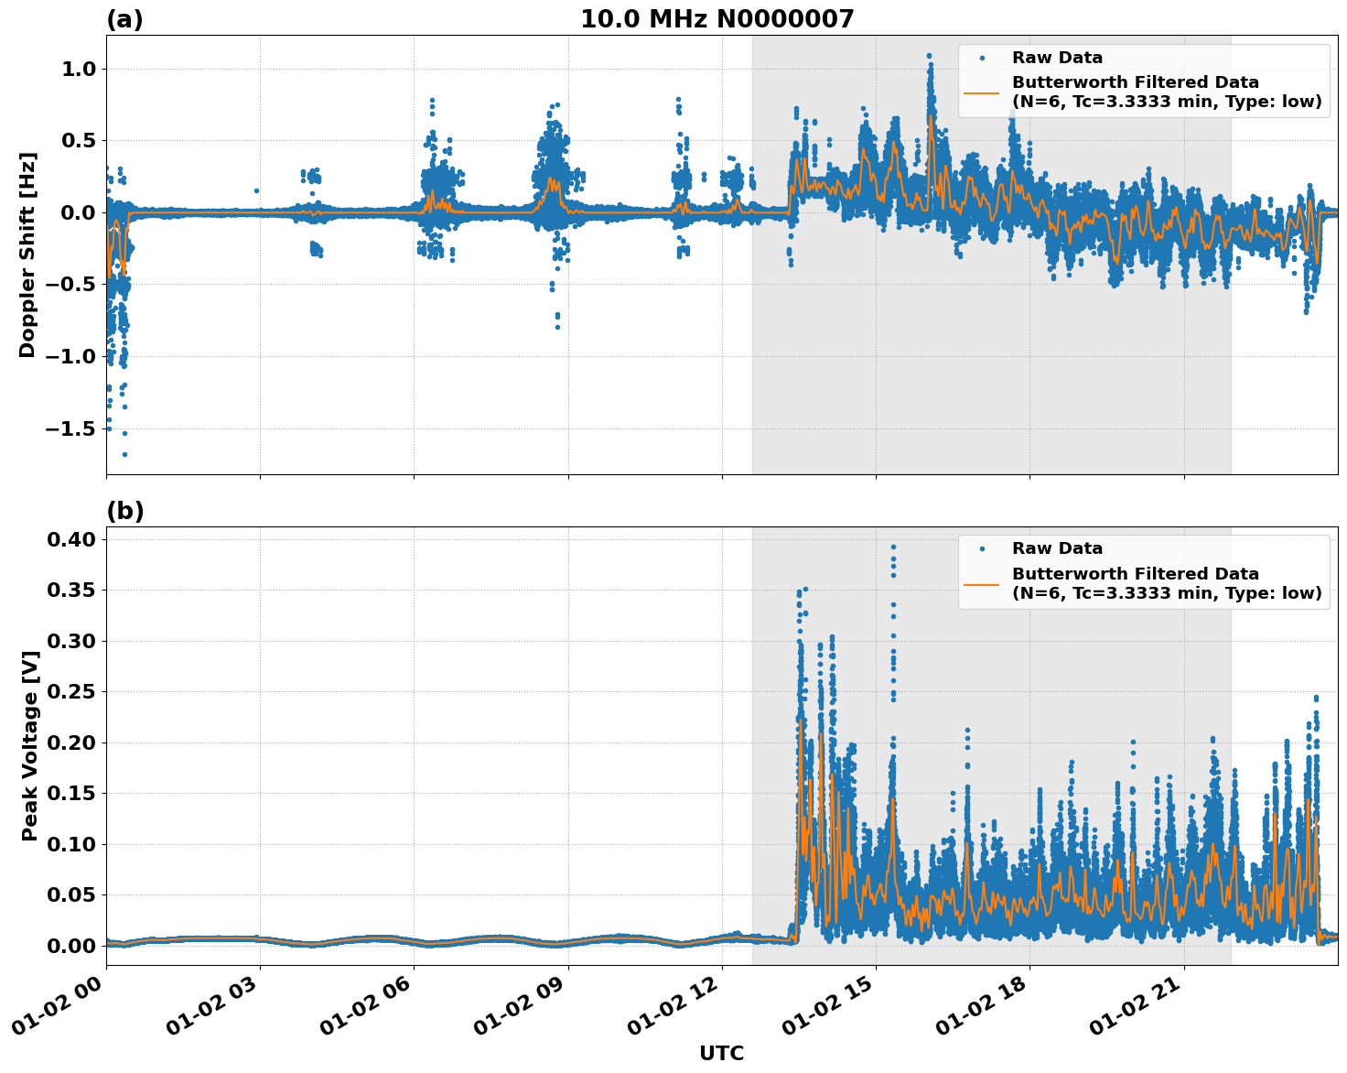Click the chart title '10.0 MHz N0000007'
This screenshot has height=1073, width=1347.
click(x=717, y=19)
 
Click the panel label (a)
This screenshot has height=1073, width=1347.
click(x=124, y=19)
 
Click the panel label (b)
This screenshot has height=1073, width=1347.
click(x=124, y=511)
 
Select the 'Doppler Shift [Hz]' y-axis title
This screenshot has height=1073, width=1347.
click(x=27, y=255)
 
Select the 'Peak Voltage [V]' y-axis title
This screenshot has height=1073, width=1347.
click(x=30, y=745)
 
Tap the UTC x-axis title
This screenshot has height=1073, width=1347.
click(x=721, y=1053)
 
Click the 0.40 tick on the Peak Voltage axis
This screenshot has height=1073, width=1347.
click(x=72, y=540)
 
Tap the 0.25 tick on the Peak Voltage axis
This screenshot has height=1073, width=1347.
click(x=72, y=692)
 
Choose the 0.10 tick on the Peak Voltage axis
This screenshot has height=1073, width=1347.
click(x=72, y=844)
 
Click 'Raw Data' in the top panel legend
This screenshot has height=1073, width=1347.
click(x=1057, y=58)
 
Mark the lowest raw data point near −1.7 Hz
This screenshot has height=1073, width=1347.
click(x=124, y=454)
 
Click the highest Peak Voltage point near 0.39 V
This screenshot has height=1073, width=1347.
click(x=893, y=547)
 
